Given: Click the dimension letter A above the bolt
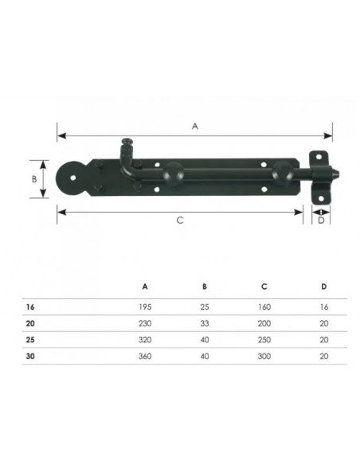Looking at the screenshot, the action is point(195,127).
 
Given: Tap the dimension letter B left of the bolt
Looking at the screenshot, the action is point(34,179).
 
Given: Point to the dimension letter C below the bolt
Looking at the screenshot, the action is point(180,221).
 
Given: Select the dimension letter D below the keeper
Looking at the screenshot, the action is point(321,221).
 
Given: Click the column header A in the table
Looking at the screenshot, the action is point(145,287).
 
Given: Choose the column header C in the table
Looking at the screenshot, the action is point(264,287).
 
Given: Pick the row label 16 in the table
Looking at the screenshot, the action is point(30,307).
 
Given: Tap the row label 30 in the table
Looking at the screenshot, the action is point(30,356).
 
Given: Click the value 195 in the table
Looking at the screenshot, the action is point(145,307).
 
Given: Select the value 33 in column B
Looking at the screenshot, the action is point(205,323).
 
